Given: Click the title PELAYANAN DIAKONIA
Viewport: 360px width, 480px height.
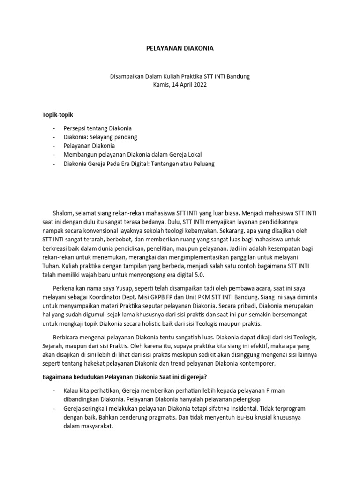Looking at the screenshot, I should pos(180,48).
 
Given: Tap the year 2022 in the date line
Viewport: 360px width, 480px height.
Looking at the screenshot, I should pos(199,85).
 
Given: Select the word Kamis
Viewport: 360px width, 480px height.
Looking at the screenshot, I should pos(162,85).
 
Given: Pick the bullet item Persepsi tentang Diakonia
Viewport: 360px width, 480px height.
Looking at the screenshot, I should pos(97,128).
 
